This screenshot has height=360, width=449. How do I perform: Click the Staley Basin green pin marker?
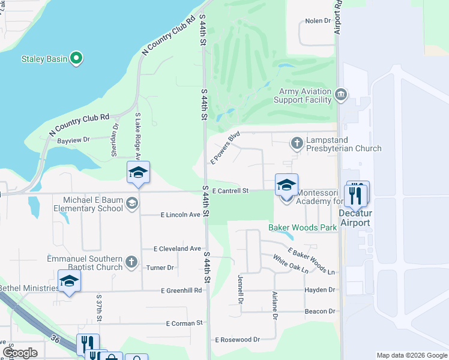[x=76, y=58]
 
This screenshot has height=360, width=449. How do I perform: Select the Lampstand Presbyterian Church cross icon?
[x=297, y=143]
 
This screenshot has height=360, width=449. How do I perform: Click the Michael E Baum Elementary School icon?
[x=131, y=204]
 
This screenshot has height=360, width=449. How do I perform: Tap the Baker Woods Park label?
[x=302, y=228]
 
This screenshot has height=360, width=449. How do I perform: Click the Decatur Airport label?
[x=355, y=218]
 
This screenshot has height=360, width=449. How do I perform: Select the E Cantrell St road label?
[x=230, y=191]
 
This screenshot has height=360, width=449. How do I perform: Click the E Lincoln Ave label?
[x=181, y=215]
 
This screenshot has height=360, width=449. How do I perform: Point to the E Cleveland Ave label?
[x=177, y=248]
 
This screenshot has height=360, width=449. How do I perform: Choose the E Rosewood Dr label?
[x=237, y=340]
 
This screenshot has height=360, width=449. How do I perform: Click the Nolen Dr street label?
[x=318, y=20]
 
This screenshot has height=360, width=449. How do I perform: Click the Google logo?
[x=19, y=353]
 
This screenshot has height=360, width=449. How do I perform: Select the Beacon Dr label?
[x=319, y=311]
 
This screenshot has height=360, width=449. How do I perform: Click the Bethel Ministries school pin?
[x=69, y=281]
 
